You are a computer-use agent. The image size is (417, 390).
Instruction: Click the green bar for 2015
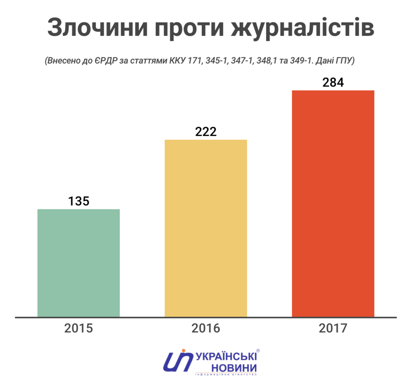pos(78,263)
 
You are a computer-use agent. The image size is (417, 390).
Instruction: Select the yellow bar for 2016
pos(206,228)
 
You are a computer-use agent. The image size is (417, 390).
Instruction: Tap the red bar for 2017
pos(333,204)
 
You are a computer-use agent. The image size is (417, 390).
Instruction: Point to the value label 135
pos(78,201)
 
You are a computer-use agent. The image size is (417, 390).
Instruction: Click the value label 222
pos(206,132)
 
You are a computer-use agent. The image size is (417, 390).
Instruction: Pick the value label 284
pos(333,82)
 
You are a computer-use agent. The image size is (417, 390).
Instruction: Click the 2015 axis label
pos(78,328)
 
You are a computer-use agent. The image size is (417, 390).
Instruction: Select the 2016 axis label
pos(206,328)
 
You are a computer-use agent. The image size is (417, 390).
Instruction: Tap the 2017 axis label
pos(333,328)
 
